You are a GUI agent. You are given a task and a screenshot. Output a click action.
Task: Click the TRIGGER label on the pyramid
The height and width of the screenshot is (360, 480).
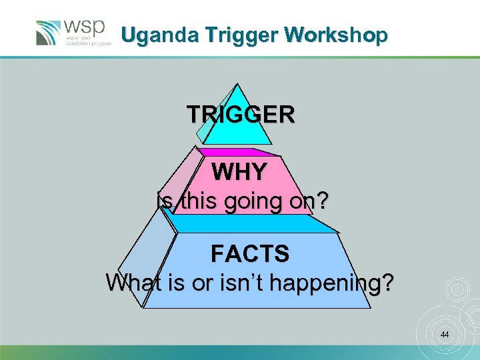[x=240, y=115]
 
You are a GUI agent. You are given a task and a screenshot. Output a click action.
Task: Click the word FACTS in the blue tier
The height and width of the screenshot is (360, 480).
[x=250, y=253]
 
